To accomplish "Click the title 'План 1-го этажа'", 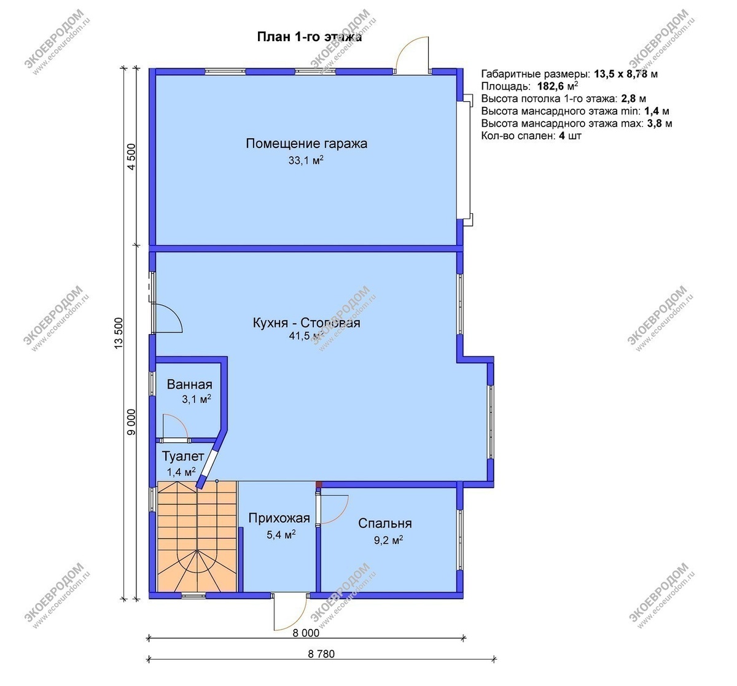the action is tap(310, 37).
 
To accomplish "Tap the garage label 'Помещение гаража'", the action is tap(306, 144).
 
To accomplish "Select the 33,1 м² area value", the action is tap(306, 160).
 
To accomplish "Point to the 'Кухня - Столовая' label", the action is tap(306, 322).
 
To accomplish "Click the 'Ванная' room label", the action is tap(190, 384).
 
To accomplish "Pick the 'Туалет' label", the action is tap(183, 456).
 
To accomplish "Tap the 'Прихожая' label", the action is tap(279, 518).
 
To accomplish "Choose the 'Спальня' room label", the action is tap(385, 523).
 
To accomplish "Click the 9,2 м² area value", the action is tap(388, 540).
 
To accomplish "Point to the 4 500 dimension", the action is tap(132, 157).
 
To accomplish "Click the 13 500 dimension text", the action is tap(119, 333).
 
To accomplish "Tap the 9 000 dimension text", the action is tap(132, 422).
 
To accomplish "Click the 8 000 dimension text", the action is tap(306, 633).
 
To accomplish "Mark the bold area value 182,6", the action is tap(551, 87).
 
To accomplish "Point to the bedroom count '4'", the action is tap(562, 136).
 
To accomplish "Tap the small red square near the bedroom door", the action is tap(318, 484).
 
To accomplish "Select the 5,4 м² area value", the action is tap(281, 535).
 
